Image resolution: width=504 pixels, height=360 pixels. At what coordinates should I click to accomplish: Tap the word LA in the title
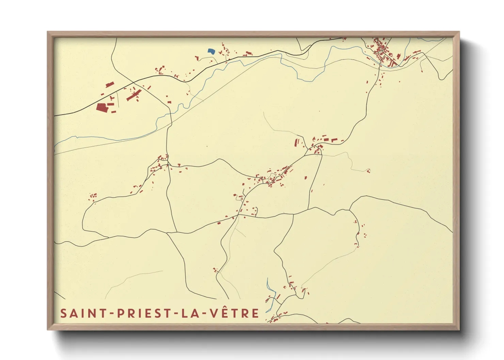click(189, 313)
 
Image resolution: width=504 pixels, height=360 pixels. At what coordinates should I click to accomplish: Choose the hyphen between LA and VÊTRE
click(202, 314)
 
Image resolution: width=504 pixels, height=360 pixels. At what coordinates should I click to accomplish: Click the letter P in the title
click(120, 313)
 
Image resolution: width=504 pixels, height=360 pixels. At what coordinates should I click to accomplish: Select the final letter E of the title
click(255, 313)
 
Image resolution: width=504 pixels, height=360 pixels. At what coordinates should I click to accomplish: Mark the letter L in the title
click(184, 313)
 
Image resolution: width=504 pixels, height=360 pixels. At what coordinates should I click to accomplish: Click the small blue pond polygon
click(211, 51)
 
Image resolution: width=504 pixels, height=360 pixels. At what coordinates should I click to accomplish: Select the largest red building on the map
click(101, 108)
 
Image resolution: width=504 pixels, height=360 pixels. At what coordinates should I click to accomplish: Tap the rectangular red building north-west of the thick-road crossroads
click(109, 84)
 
